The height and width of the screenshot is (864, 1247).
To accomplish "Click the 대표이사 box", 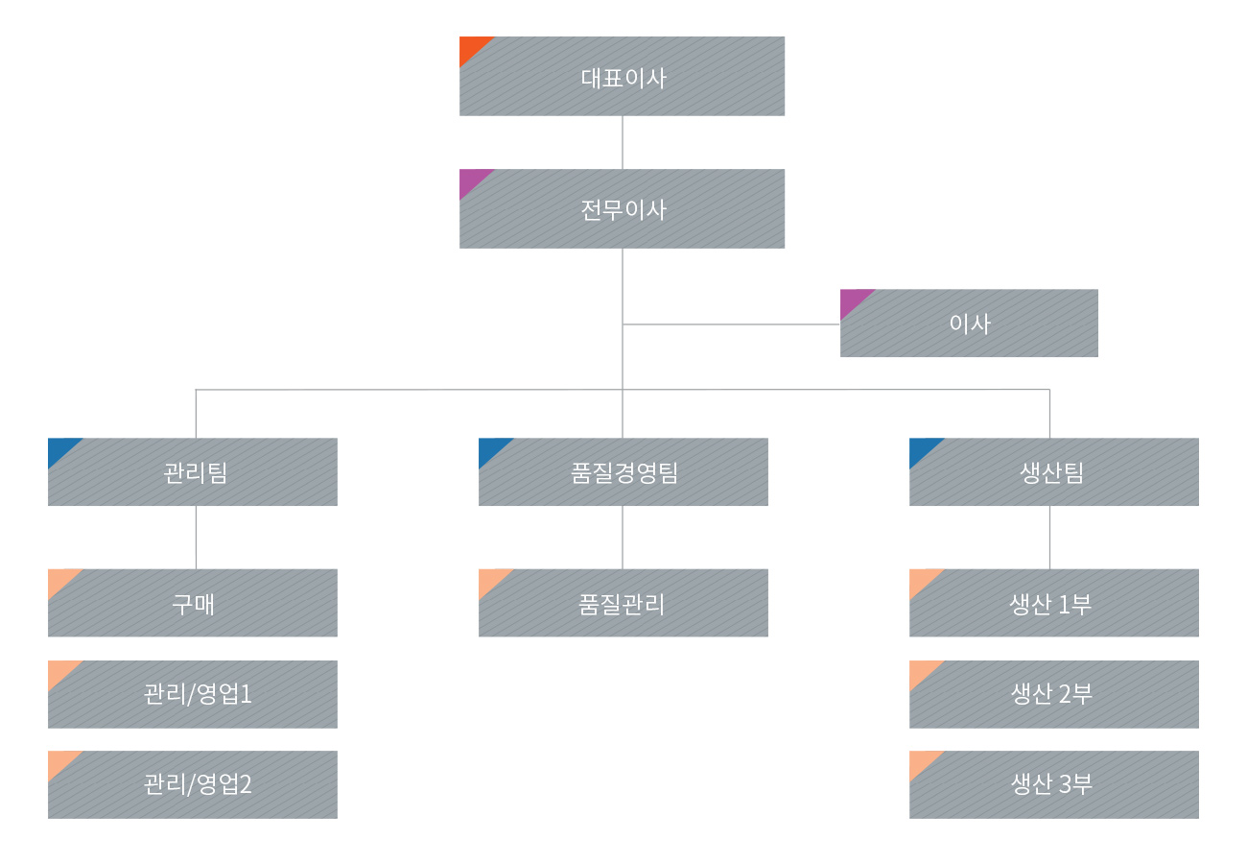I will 622,76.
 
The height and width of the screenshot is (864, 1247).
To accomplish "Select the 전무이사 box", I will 622,208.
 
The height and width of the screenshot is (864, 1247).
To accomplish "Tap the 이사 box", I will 969,324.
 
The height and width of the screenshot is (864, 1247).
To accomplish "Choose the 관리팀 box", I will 193,471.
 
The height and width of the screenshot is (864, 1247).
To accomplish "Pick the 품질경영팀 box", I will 623,471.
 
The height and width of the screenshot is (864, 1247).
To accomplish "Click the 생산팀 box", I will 1054,471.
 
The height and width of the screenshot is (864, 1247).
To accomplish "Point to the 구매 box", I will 193,603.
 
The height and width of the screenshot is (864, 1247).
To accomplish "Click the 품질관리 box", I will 623,603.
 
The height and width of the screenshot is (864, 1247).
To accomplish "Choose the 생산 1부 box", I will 1054,603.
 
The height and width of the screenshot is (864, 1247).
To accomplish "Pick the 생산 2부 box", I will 1054,694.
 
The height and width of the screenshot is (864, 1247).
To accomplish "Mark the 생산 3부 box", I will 1054,784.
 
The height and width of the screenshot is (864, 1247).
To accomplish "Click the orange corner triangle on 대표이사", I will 471,47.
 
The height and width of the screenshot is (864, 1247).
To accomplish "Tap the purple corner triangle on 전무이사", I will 471,180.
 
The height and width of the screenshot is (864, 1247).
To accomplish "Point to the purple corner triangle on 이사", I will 852,300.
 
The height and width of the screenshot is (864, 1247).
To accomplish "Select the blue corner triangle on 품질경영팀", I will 490,448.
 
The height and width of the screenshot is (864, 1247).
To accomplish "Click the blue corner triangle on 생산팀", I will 921,448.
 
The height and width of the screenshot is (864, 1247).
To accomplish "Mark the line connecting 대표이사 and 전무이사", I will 623,142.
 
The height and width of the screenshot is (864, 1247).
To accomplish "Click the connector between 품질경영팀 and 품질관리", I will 623,537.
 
